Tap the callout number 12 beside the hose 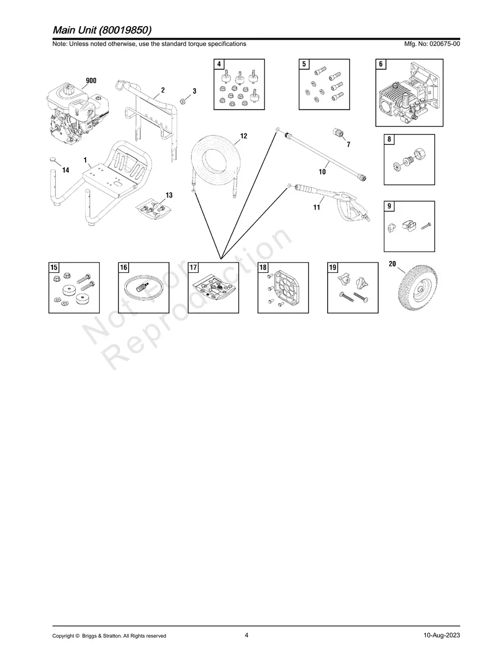(x=244, y=136)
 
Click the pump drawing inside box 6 (x=409, y=93)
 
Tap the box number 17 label (x=193, y=267)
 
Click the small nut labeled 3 (x=182, y=101)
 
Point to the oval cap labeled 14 (x=53, y=159)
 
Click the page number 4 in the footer (x=246, y=635)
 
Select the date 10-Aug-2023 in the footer (x=442, y=635)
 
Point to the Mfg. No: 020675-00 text (x=432, y=44)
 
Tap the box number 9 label (x=389, y=206)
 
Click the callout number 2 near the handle (x=163, y=90)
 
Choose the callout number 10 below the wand (x=322, y=172)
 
